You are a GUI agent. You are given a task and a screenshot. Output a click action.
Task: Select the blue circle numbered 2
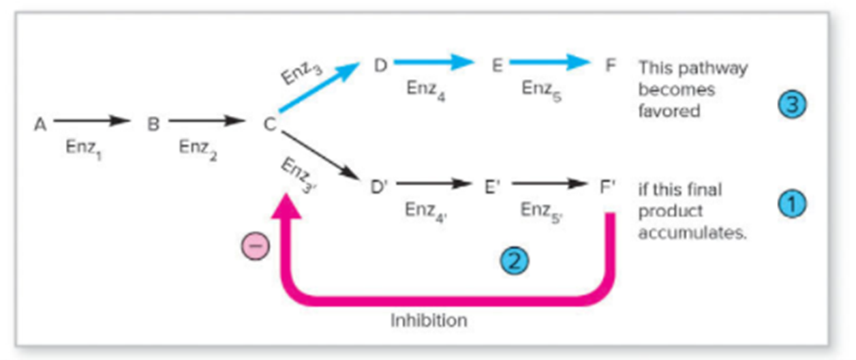(x=515, y=260)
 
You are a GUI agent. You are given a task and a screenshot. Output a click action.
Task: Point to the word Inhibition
(x=429, y=320)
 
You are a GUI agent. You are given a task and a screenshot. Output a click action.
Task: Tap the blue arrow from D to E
(x=433, y=63)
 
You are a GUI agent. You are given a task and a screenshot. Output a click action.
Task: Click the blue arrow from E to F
(x=549, y=63)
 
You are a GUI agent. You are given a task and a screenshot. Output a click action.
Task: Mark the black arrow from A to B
(x=92, y=121)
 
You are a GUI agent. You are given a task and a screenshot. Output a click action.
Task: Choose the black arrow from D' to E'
(x=435, y=184)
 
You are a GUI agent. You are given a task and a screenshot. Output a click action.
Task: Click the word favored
(x=669, y=110)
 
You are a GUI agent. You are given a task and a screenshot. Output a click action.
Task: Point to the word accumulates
(x=692, y=232)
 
